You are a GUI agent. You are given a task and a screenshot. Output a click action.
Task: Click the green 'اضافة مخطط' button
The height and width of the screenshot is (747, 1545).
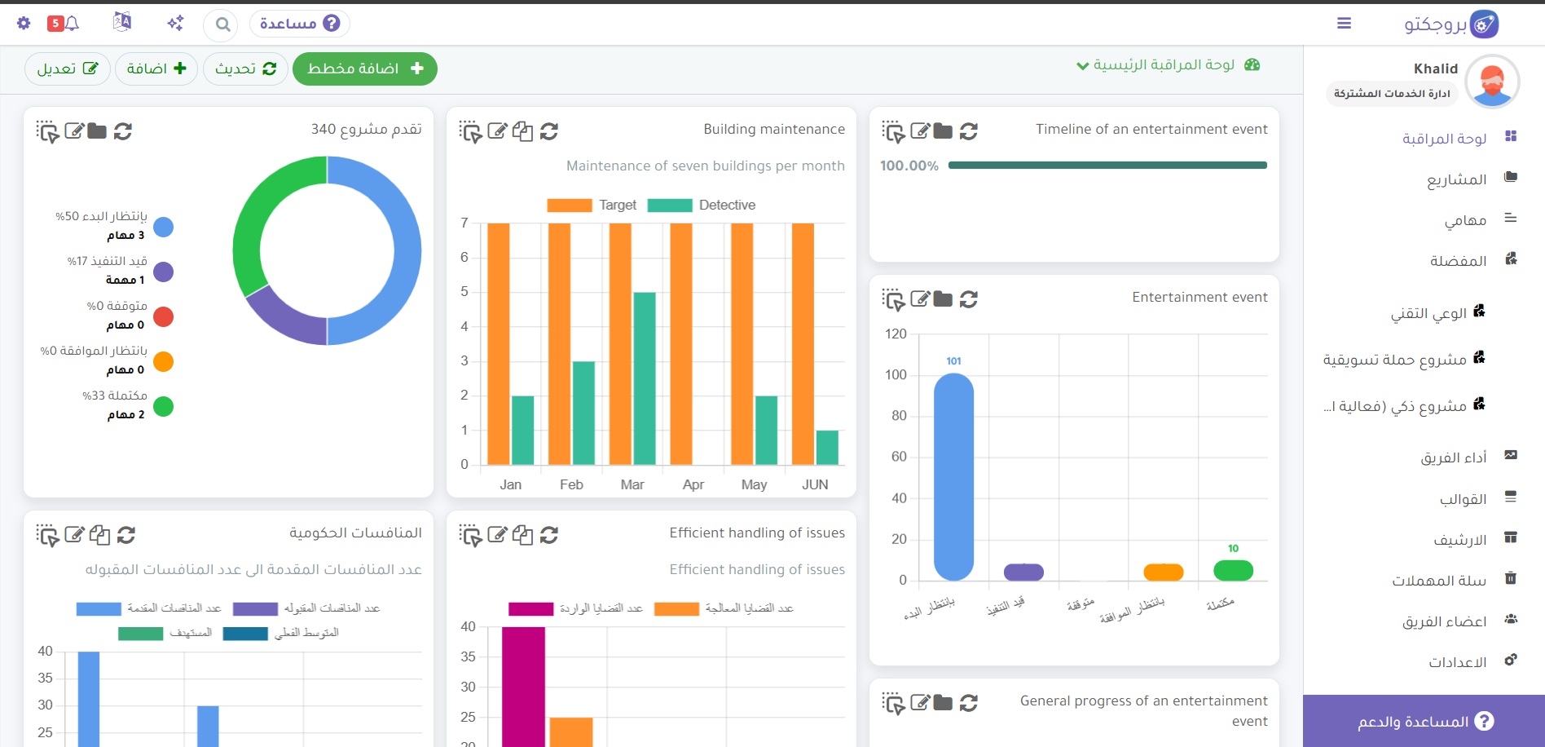364,69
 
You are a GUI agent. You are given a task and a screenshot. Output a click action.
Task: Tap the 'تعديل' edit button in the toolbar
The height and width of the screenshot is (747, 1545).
68,69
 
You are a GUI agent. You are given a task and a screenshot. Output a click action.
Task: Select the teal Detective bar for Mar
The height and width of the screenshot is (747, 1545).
645,378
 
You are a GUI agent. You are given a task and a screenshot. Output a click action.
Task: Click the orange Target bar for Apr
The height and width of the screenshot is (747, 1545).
681,344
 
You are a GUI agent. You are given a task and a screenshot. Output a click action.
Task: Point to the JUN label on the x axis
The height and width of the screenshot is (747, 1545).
815,484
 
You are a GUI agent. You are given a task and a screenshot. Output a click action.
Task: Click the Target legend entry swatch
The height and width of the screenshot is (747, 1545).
570,206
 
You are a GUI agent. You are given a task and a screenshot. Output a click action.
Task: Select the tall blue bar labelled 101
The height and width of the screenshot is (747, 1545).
953,477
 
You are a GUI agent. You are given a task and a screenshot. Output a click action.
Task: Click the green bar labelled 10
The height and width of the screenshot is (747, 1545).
1233,570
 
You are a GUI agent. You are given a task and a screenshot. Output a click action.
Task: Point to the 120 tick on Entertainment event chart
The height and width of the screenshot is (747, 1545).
896,334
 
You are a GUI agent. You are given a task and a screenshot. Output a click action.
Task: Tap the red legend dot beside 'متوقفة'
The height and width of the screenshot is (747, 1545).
164,316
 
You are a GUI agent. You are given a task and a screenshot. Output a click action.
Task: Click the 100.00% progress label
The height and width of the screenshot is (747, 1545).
909,166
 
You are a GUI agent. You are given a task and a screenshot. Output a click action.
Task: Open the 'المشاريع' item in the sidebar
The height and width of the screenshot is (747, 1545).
1456,179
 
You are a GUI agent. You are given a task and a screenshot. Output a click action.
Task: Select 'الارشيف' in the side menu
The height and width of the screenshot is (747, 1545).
1460,540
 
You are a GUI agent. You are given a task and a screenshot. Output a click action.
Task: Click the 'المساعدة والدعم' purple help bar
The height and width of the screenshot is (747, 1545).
1424,721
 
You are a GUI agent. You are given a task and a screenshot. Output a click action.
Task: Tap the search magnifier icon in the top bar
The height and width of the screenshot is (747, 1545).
222,24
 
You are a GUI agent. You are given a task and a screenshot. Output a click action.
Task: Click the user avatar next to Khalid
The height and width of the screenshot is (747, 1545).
1493,82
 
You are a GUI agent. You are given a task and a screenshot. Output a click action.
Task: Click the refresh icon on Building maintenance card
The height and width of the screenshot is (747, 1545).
549,131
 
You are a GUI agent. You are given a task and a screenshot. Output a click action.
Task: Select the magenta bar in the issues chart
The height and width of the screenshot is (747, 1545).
523,687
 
